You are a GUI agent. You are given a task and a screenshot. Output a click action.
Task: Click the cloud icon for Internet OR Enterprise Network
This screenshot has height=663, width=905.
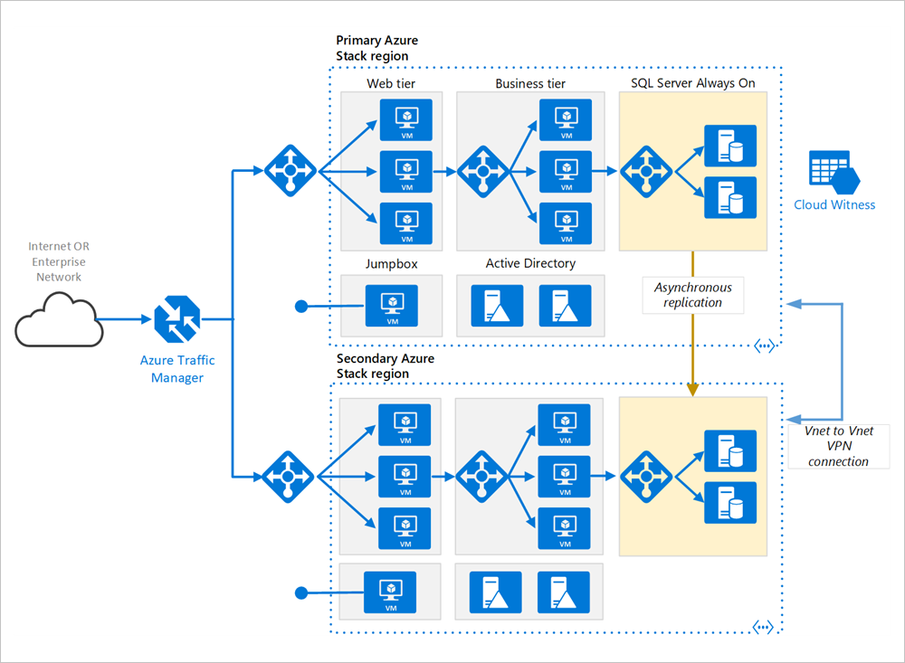point(57,319)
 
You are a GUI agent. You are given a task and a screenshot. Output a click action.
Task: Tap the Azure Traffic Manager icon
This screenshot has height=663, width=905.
point(177,319)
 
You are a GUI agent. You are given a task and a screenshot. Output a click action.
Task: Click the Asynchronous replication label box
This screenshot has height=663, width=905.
point(693,295)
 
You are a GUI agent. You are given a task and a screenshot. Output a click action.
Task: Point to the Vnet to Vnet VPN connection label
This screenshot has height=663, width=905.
point(838,447)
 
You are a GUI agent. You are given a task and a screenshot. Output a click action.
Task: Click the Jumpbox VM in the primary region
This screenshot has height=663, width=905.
point(392,306)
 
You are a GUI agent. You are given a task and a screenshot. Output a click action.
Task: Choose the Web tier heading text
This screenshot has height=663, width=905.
point(391,83)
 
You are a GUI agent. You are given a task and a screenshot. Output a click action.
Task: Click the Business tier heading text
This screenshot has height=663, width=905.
point(530,83)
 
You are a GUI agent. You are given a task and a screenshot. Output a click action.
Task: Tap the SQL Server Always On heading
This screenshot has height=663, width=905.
point(692,83)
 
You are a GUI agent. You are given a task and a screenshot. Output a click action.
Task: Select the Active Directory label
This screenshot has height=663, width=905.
point(530,263)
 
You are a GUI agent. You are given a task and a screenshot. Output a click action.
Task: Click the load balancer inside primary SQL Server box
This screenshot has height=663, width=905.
point(646,169)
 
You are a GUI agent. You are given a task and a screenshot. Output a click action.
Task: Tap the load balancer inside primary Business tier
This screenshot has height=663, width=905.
point(481,169)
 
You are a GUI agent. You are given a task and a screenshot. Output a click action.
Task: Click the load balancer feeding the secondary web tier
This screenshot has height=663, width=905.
point(290,475)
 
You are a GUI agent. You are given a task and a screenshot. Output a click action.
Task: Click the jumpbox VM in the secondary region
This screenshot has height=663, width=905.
point(390,592)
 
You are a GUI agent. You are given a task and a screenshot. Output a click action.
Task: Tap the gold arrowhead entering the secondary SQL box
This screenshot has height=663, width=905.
point(693,389)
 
